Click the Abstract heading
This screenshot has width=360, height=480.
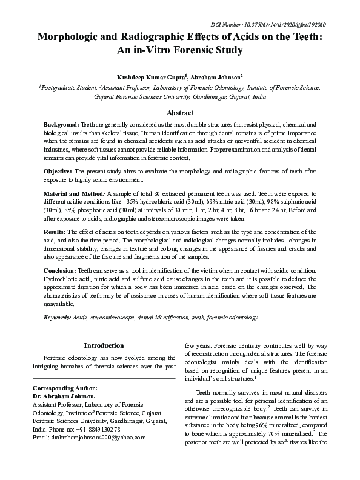click(180, 113)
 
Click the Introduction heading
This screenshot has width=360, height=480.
click(104, 345)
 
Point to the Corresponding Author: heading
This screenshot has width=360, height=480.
click(64, 387)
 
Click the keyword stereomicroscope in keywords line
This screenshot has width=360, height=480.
click(119, 318)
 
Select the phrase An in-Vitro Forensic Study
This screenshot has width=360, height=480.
click(180, 50)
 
